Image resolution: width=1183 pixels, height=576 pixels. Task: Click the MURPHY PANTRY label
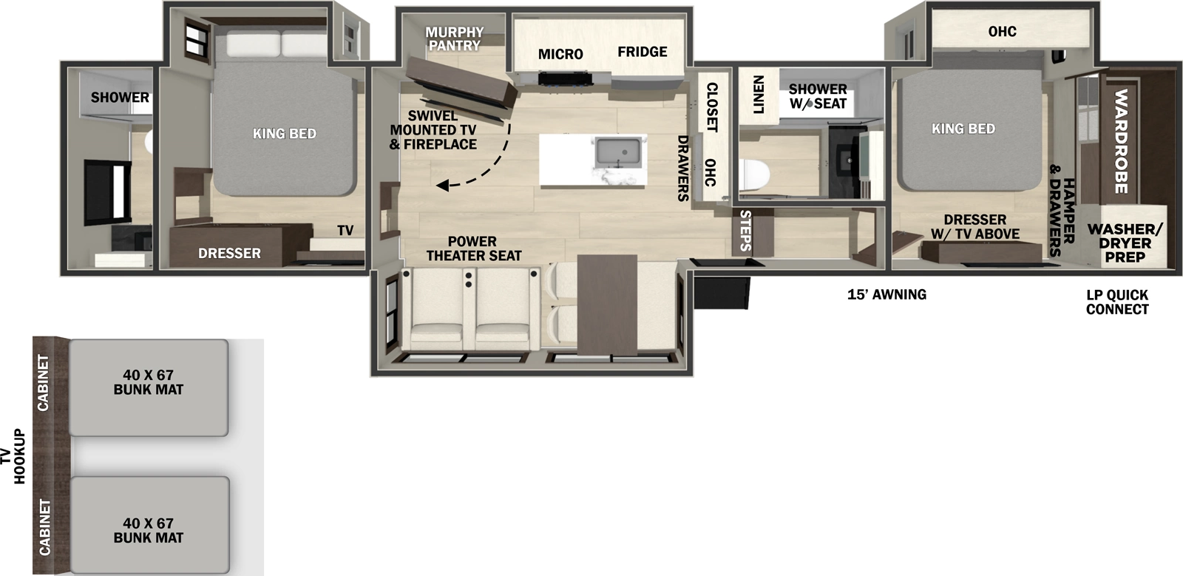click(454, 38)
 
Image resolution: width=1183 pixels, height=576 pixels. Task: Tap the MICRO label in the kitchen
click(560, 54)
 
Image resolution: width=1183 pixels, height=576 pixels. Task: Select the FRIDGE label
click(643, 52)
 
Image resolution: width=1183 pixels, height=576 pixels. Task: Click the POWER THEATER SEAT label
click(473, 248)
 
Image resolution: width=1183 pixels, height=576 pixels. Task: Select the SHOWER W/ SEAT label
click(818, 96)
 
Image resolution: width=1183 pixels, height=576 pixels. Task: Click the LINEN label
click(758, 94)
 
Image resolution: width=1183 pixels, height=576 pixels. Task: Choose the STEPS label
click(746, 231)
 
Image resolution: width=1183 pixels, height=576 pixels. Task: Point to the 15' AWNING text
click(887, 294)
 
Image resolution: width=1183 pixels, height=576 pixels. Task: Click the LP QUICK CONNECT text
click(1117, 302)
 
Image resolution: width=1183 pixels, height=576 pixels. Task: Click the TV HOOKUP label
click(14, 456)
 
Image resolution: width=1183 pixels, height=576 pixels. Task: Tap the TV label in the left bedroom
click(345, 231)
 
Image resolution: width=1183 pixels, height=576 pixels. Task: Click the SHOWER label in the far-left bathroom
click(120, 97)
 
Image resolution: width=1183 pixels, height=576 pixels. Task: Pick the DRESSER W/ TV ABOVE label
click(975, 226)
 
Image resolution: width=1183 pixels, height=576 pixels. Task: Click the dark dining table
click(606, 303)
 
